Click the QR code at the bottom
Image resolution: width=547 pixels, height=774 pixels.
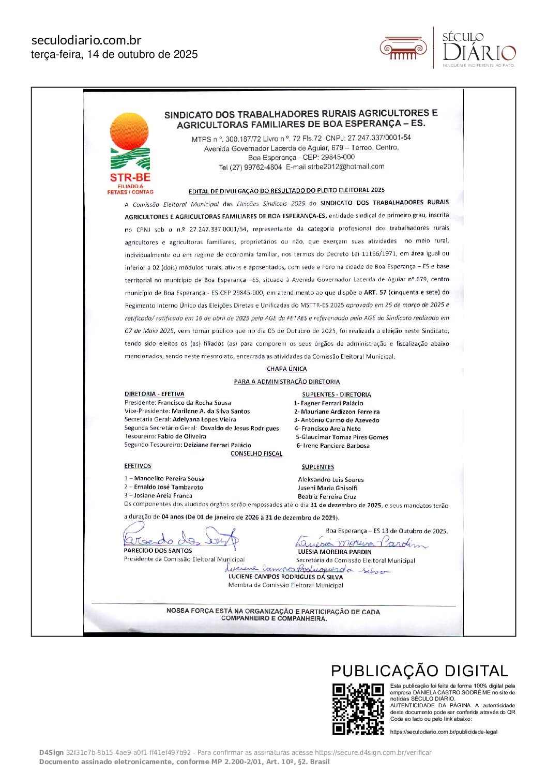(x=358, y=708)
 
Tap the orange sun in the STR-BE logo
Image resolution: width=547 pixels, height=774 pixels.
(x=129, y=131)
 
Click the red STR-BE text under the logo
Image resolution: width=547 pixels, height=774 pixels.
(x=130, y=177)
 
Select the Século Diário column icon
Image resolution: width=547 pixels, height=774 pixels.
(x=403, y=49)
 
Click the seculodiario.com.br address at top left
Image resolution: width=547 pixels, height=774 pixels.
(x=86, y=40)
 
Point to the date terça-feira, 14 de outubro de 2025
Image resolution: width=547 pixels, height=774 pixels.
(x=114, y=54)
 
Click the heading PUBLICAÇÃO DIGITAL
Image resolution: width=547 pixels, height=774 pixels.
(x=419, y=671)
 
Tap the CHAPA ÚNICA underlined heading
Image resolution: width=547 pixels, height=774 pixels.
(x=286, y=369)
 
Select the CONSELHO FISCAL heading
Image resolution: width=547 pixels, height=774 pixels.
(x=256, y=453)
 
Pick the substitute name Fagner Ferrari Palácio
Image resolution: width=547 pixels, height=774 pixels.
(x=332, y=403)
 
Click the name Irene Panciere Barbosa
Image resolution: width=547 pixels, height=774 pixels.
(x=336, y=446)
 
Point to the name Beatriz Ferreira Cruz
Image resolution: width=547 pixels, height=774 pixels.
(x=327, y=496)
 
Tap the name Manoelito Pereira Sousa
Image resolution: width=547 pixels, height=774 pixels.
(x=169, y=479)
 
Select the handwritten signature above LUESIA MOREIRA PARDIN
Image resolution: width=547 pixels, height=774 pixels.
(x=361, y=542)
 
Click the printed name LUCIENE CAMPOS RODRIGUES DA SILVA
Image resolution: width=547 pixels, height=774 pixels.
(x=285, y=576)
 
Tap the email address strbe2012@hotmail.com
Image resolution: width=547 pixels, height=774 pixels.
(x=346, y=166)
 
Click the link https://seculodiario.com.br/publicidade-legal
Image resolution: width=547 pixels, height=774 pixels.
(x=444, y=732)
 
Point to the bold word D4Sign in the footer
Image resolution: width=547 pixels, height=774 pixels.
(x=51, y=752)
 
